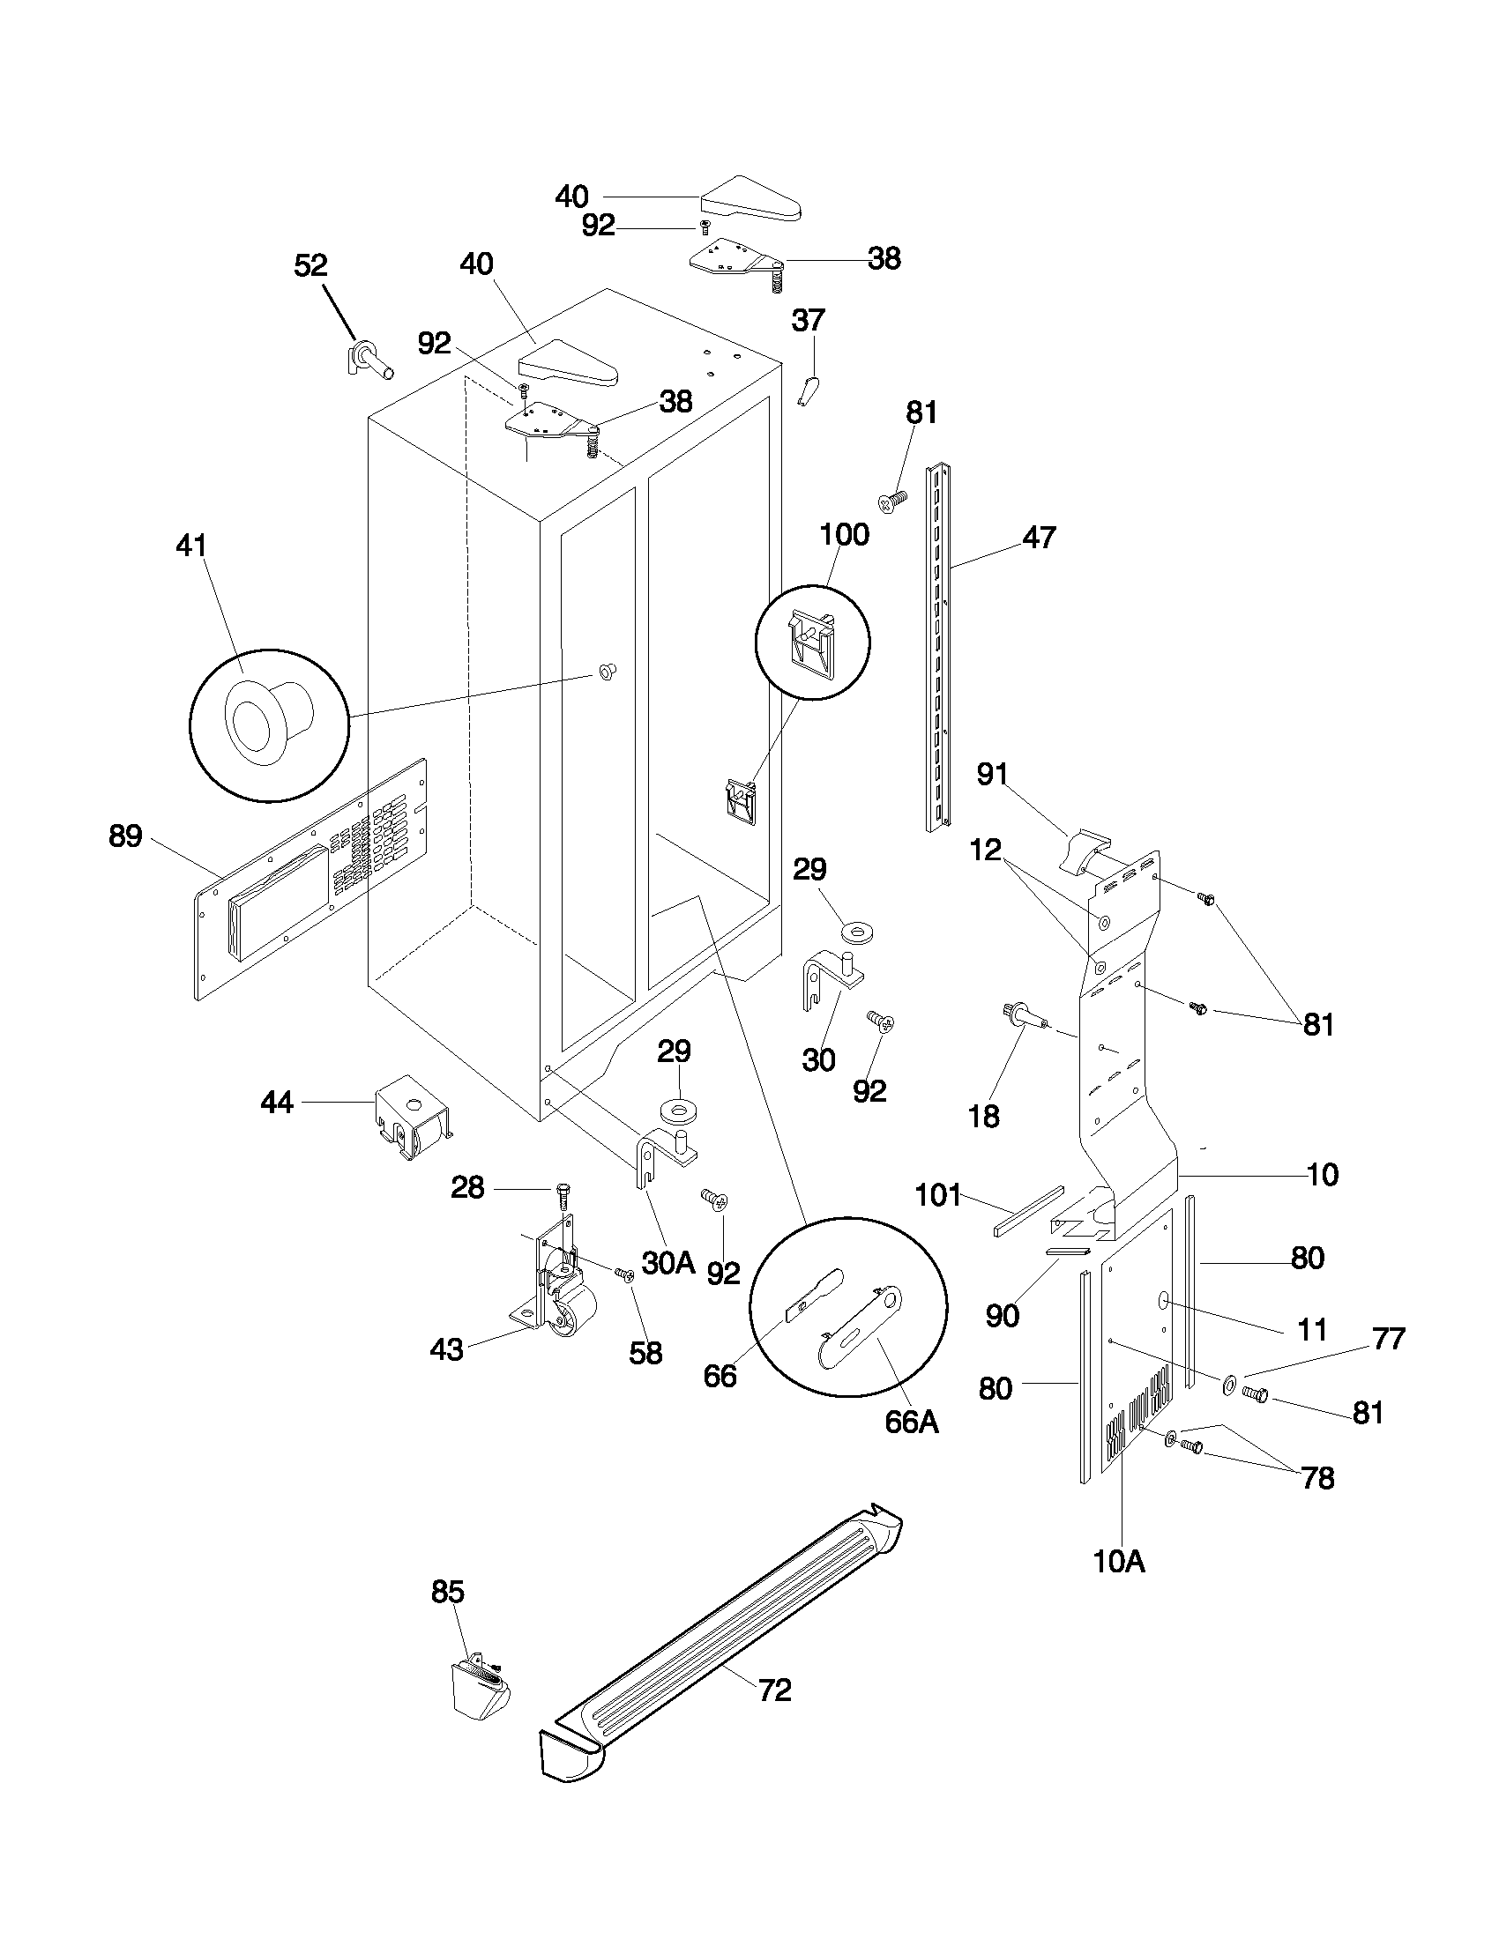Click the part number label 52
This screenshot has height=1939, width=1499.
click(310, 264)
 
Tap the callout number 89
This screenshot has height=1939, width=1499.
click(125, 836)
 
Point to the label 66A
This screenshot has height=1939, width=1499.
click(911, 1422)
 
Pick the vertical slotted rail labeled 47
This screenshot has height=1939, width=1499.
click(938, 648)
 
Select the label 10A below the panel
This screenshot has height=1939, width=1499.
click(1119, 1561)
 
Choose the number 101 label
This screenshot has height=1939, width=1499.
click(939, 1195)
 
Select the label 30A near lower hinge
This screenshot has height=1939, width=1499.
click(667, 1261)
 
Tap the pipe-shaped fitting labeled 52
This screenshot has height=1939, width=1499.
click(369, 362)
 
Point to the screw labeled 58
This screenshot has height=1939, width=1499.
click(623, 1275)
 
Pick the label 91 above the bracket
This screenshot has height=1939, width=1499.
click(992, 774)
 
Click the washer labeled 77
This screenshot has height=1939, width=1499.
click(1231, 1383)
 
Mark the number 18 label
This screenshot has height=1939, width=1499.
click(984, 1116)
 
